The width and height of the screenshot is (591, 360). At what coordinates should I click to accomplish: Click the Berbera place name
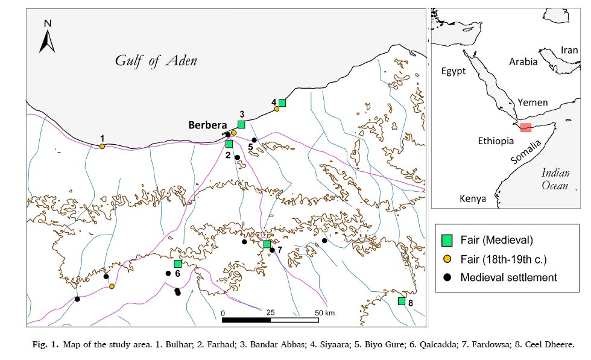pyautogui.click(x=207, y=125)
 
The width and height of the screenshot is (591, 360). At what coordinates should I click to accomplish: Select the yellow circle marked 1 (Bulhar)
pyautogui.click(x=103, y=146)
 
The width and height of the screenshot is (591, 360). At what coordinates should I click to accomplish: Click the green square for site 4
pyautogui.click(x=282, y=103)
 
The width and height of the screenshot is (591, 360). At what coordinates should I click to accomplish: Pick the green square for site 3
pyautogui.click(x=241, y=124)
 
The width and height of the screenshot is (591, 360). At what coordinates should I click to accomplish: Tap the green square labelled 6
pyautogui.click(x=178, y=264)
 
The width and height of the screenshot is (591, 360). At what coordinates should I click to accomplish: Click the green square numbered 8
pyautogui.click(x=402, y=301)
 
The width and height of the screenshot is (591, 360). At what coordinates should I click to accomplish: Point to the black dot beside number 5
pyautogui.click(x=254, y=140)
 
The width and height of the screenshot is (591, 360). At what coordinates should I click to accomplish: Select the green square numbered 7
pyautogui.click(x=267, y=244)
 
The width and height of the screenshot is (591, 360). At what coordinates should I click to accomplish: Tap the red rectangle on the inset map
pyautogui.click(x=526, y=127)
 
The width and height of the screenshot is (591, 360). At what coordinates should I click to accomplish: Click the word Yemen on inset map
pyautogui.click(x=533, y=103)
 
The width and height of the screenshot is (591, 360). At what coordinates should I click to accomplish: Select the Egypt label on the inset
pyautogui.click(x=454, y=71)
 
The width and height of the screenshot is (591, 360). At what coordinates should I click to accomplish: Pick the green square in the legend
pyautogui.click(x=447, y=240)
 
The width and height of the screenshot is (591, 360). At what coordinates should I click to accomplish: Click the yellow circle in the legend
pyautogui.click(x=447, y=259)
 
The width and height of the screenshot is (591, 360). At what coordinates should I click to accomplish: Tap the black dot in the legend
pyautogui.click(x=447, y=278)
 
